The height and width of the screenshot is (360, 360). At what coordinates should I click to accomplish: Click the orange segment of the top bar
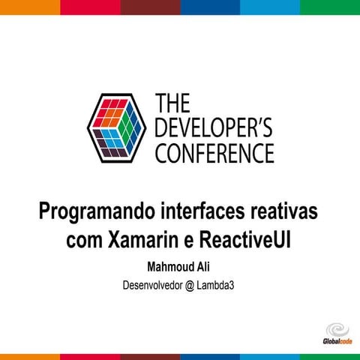pyautogui.click(x=30, y=7)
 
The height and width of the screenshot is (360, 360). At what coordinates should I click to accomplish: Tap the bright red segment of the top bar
pyautogui.click(x=90, y=7)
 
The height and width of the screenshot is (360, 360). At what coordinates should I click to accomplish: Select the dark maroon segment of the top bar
pyautogui.click(x=150, y=7)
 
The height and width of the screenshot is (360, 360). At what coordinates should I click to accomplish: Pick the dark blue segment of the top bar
pyautogui.click(x=210, y=7)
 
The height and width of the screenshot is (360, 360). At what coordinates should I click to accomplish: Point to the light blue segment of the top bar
pyautogui.click(x=270, y=7)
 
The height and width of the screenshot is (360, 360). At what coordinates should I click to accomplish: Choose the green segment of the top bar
pyautogui.click(x=330, y=7)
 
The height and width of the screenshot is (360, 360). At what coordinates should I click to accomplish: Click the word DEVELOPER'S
pyautogui.click(x=214, y=127)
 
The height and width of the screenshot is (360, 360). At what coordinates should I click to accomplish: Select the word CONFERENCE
pyautogui.click(x=214, y=153)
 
